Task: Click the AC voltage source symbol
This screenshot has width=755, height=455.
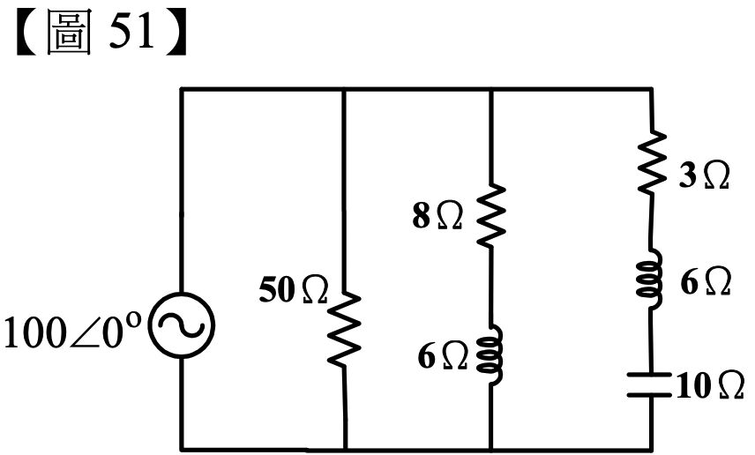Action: [x=182, y=325]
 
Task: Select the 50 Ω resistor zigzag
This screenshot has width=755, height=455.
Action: [x=344, y=329]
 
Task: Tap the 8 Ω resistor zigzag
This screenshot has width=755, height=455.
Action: [x=491, y=216]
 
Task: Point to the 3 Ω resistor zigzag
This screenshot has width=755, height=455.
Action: [x=652, y=162]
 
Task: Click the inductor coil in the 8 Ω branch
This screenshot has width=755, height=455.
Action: [x=491, y=354]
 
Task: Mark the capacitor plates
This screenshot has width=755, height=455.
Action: [x=649, y=384]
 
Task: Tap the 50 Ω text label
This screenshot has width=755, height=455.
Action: [x=293, y=290]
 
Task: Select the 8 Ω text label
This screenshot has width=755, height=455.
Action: [x=437, y=216]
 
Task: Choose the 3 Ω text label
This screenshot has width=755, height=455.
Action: [x=705, y=175]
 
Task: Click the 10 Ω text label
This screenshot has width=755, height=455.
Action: [x=710, y=385]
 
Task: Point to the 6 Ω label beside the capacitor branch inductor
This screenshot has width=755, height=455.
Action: [x=706, y=281]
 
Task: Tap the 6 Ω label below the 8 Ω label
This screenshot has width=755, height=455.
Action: [x=442, y=357]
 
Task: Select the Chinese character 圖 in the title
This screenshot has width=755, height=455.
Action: [x=69, y=33]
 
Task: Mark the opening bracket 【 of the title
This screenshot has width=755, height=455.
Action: [x=27, y=34]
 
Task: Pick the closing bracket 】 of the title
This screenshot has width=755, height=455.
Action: [x=176, y=34]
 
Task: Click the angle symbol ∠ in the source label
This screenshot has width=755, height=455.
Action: [x=85, y=333]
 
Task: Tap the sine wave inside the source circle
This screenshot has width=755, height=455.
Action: [x=182, y=325]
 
